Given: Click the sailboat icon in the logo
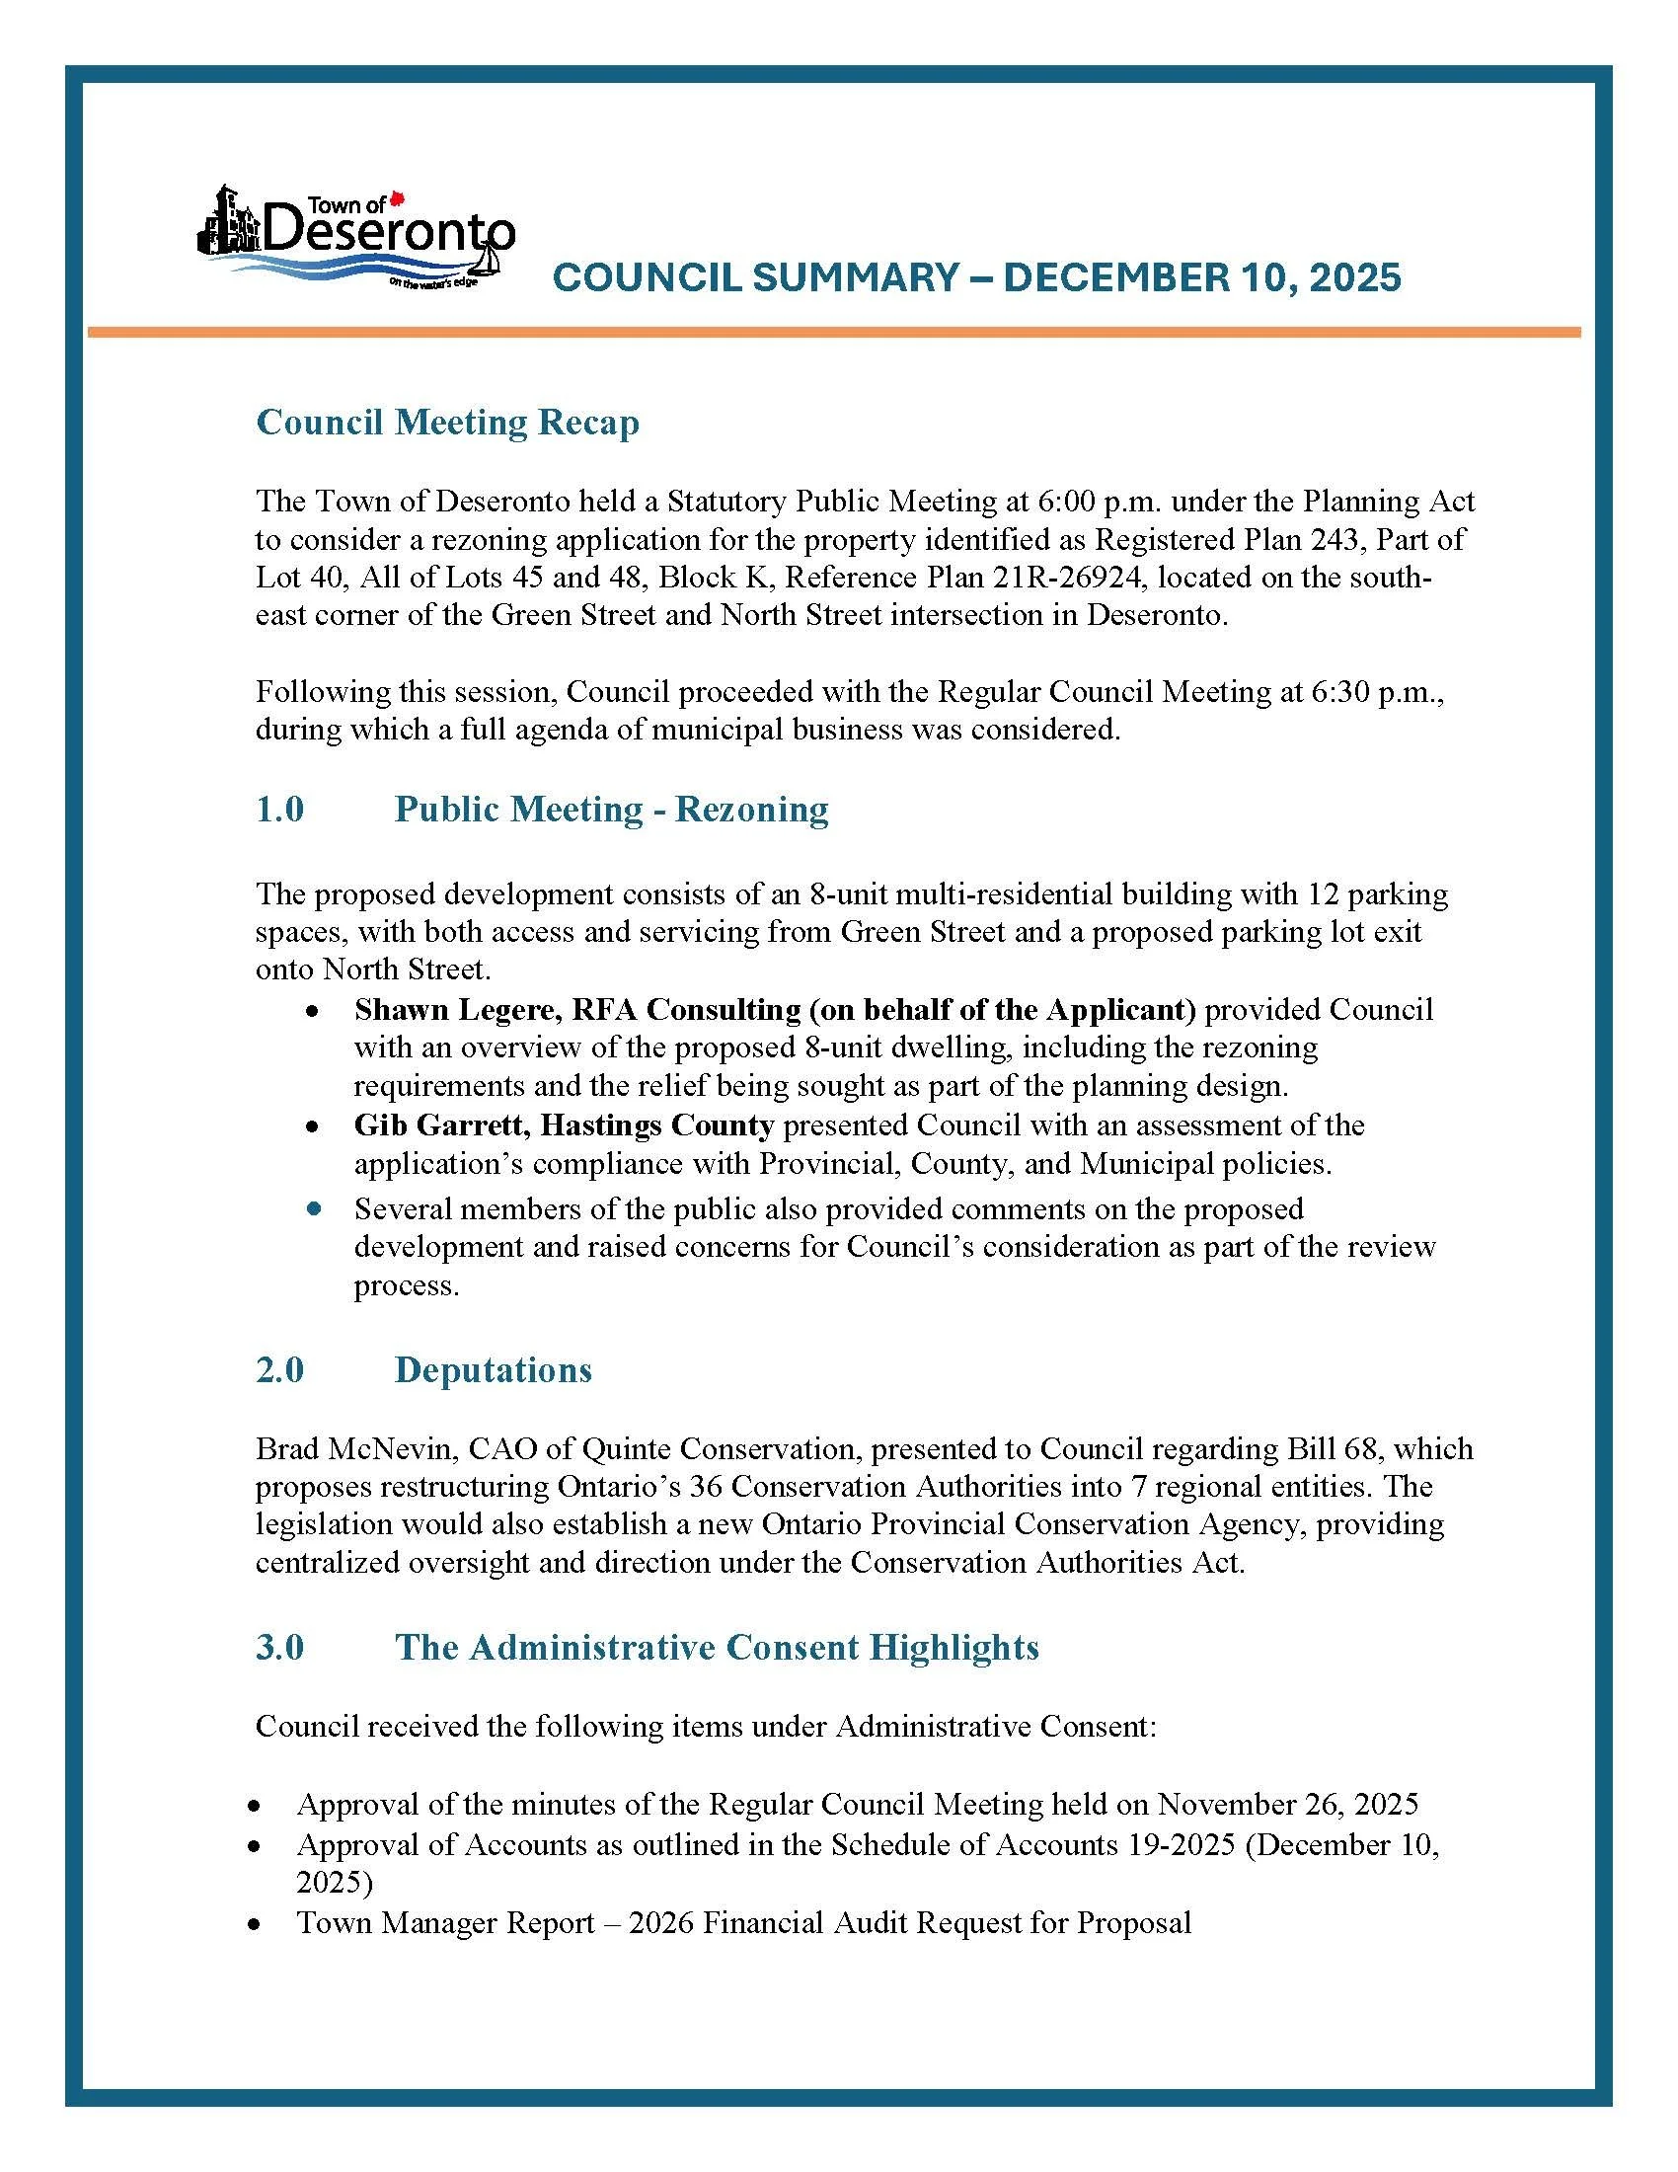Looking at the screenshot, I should pyautogui.click(x=485, y=261).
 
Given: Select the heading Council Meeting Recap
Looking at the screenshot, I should pyautogui.click(x=447, y=423).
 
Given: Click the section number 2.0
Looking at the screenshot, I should pyautogui.click(x=279, y=1369).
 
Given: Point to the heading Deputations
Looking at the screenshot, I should pyautogui.click(x=494, y=1369).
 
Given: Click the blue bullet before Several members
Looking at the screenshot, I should pyautogui.click(x=314, y=1209).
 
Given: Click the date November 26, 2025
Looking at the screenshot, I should pyautogui.click(x=1287, y=1803).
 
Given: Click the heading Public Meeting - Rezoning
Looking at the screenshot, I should pyautogui.click(x=610, y=809).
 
